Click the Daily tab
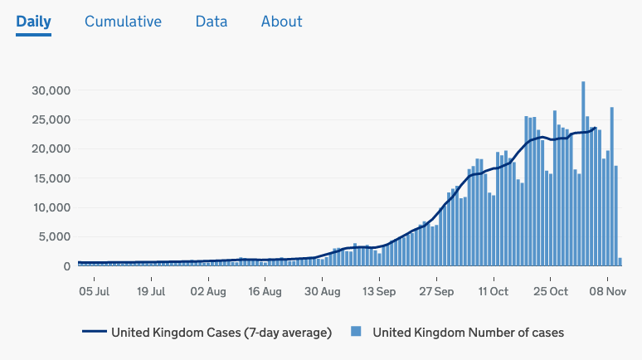(33, 22)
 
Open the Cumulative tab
(123, 22)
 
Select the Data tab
(212, 22)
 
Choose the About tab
(281, 22)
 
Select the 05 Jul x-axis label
(94, 291)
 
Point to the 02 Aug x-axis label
(208, 291)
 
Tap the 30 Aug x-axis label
(322, 291)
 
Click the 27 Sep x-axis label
(436, 291)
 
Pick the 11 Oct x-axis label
(493, 291)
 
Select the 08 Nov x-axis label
(607, 291)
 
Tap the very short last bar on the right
(620, 262)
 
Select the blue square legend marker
(356, 333)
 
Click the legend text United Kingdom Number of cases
(468, 333)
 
